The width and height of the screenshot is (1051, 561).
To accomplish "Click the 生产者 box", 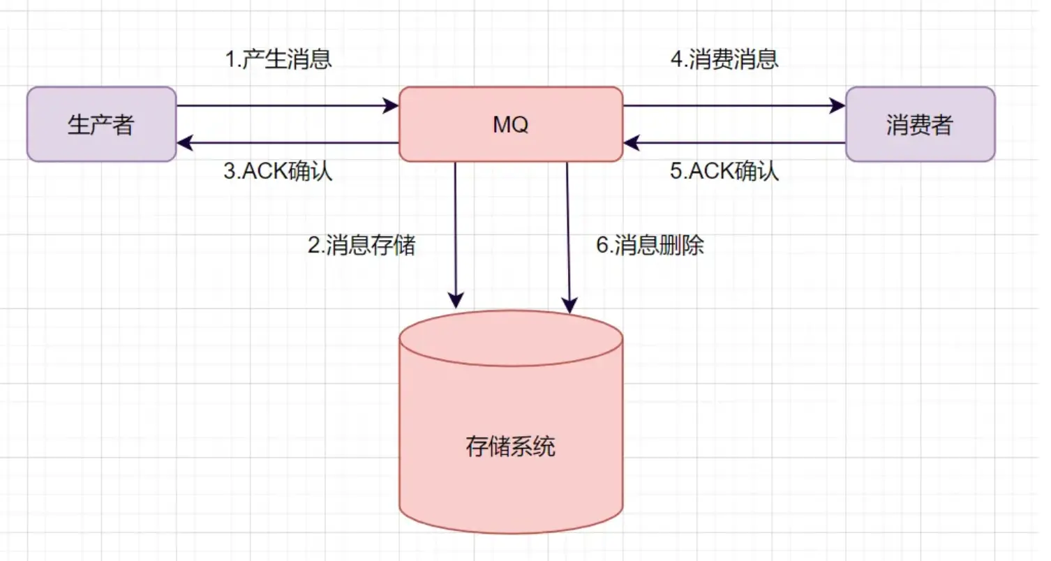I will click(x=101, y=124).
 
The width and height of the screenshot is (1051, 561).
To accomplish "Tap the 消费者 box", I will click(x=920, y=124).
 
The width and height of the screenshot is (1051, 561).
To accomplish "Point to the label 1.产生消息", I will click(x=278, y=60).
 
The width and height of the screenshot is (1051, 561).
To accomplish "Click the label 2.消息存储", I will click(x=361, y=245).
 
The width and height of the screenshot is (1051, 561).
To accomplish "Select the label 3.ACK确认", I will click(x=278, y=172).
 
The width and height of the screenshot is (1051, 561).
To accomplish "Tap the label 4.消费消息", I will click(x=724, y=60).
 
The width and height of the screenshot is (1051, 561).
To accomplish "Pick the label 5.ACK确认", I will click(x=724, y=172).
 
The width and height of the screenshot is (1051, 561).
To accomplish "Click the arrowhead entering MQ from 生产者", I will click(x=392, y=106).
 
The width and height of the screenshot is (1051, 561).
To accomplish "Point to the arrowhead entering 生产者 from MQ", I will click(x=184, y=143).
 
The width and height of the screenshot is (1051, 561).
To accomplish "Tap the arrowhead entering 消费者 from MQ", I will click(x=838, y=106).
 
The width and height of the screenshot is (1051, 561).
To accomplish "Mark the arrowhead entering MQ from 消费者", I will click(x=631, y=143).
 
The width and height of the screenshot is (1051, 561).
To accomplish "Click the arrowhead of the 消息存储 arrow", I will click(x=456, y=301).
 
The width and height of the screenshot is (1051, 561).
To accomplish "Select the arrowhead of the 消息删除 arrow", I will click(x=570, y=305).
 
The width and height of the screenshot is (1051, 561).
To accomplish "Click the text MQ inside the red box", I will click(x=510, y=126).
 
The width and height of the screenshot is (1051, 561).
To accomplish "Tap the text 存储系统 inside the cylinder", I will click(x=510, y=447).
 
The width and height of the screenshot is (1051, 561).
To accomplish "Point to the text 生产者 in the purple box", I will click(x=101, y=126).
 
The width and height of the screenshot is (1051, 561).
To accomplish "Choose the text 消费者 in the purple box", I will click(x=920, y=126).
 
